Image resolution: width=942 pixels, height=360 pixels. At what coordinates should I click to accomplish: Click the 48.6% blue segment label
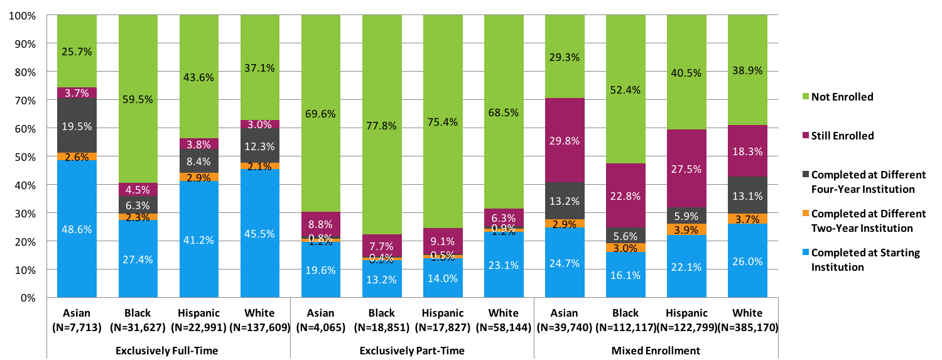coord(77,229)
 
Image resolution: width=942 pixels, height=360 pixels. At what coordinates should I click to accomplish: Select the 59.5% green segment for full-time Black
coord(138,99)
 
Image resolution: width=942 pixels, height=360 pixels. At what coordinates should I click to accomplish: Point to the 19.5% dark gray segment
coord(77,126)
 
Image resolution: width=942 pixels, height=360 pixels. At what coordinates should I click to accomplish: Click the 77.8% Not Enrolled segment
coord(382,126)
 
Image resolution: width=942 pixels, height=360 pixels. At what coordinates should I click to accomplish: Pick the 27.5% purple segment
coord(686,168)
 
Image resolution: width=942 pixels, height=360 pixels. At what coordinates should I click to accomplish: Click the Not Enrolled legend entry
coord(842,97)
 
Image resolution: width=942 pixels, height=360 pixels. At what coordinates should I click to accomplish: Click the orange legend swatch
coord(803,213)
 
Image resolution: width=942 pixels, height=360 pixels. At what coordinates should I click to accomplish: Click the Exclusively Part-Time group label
coord(412,351)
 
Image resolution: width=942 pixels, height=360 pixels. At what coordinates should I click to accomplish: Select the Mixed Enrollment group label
coord(656,351)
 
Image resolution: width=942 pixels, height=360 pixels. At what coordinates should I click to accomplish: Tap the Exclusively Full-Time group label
coord(168,351)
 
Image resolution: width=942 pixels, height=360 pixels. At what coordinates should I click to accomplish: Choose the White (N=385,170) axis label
coord(747,320)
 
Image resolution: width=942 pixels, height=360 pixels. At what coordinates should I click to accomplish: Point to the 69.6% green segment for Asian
coord(321,114)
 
